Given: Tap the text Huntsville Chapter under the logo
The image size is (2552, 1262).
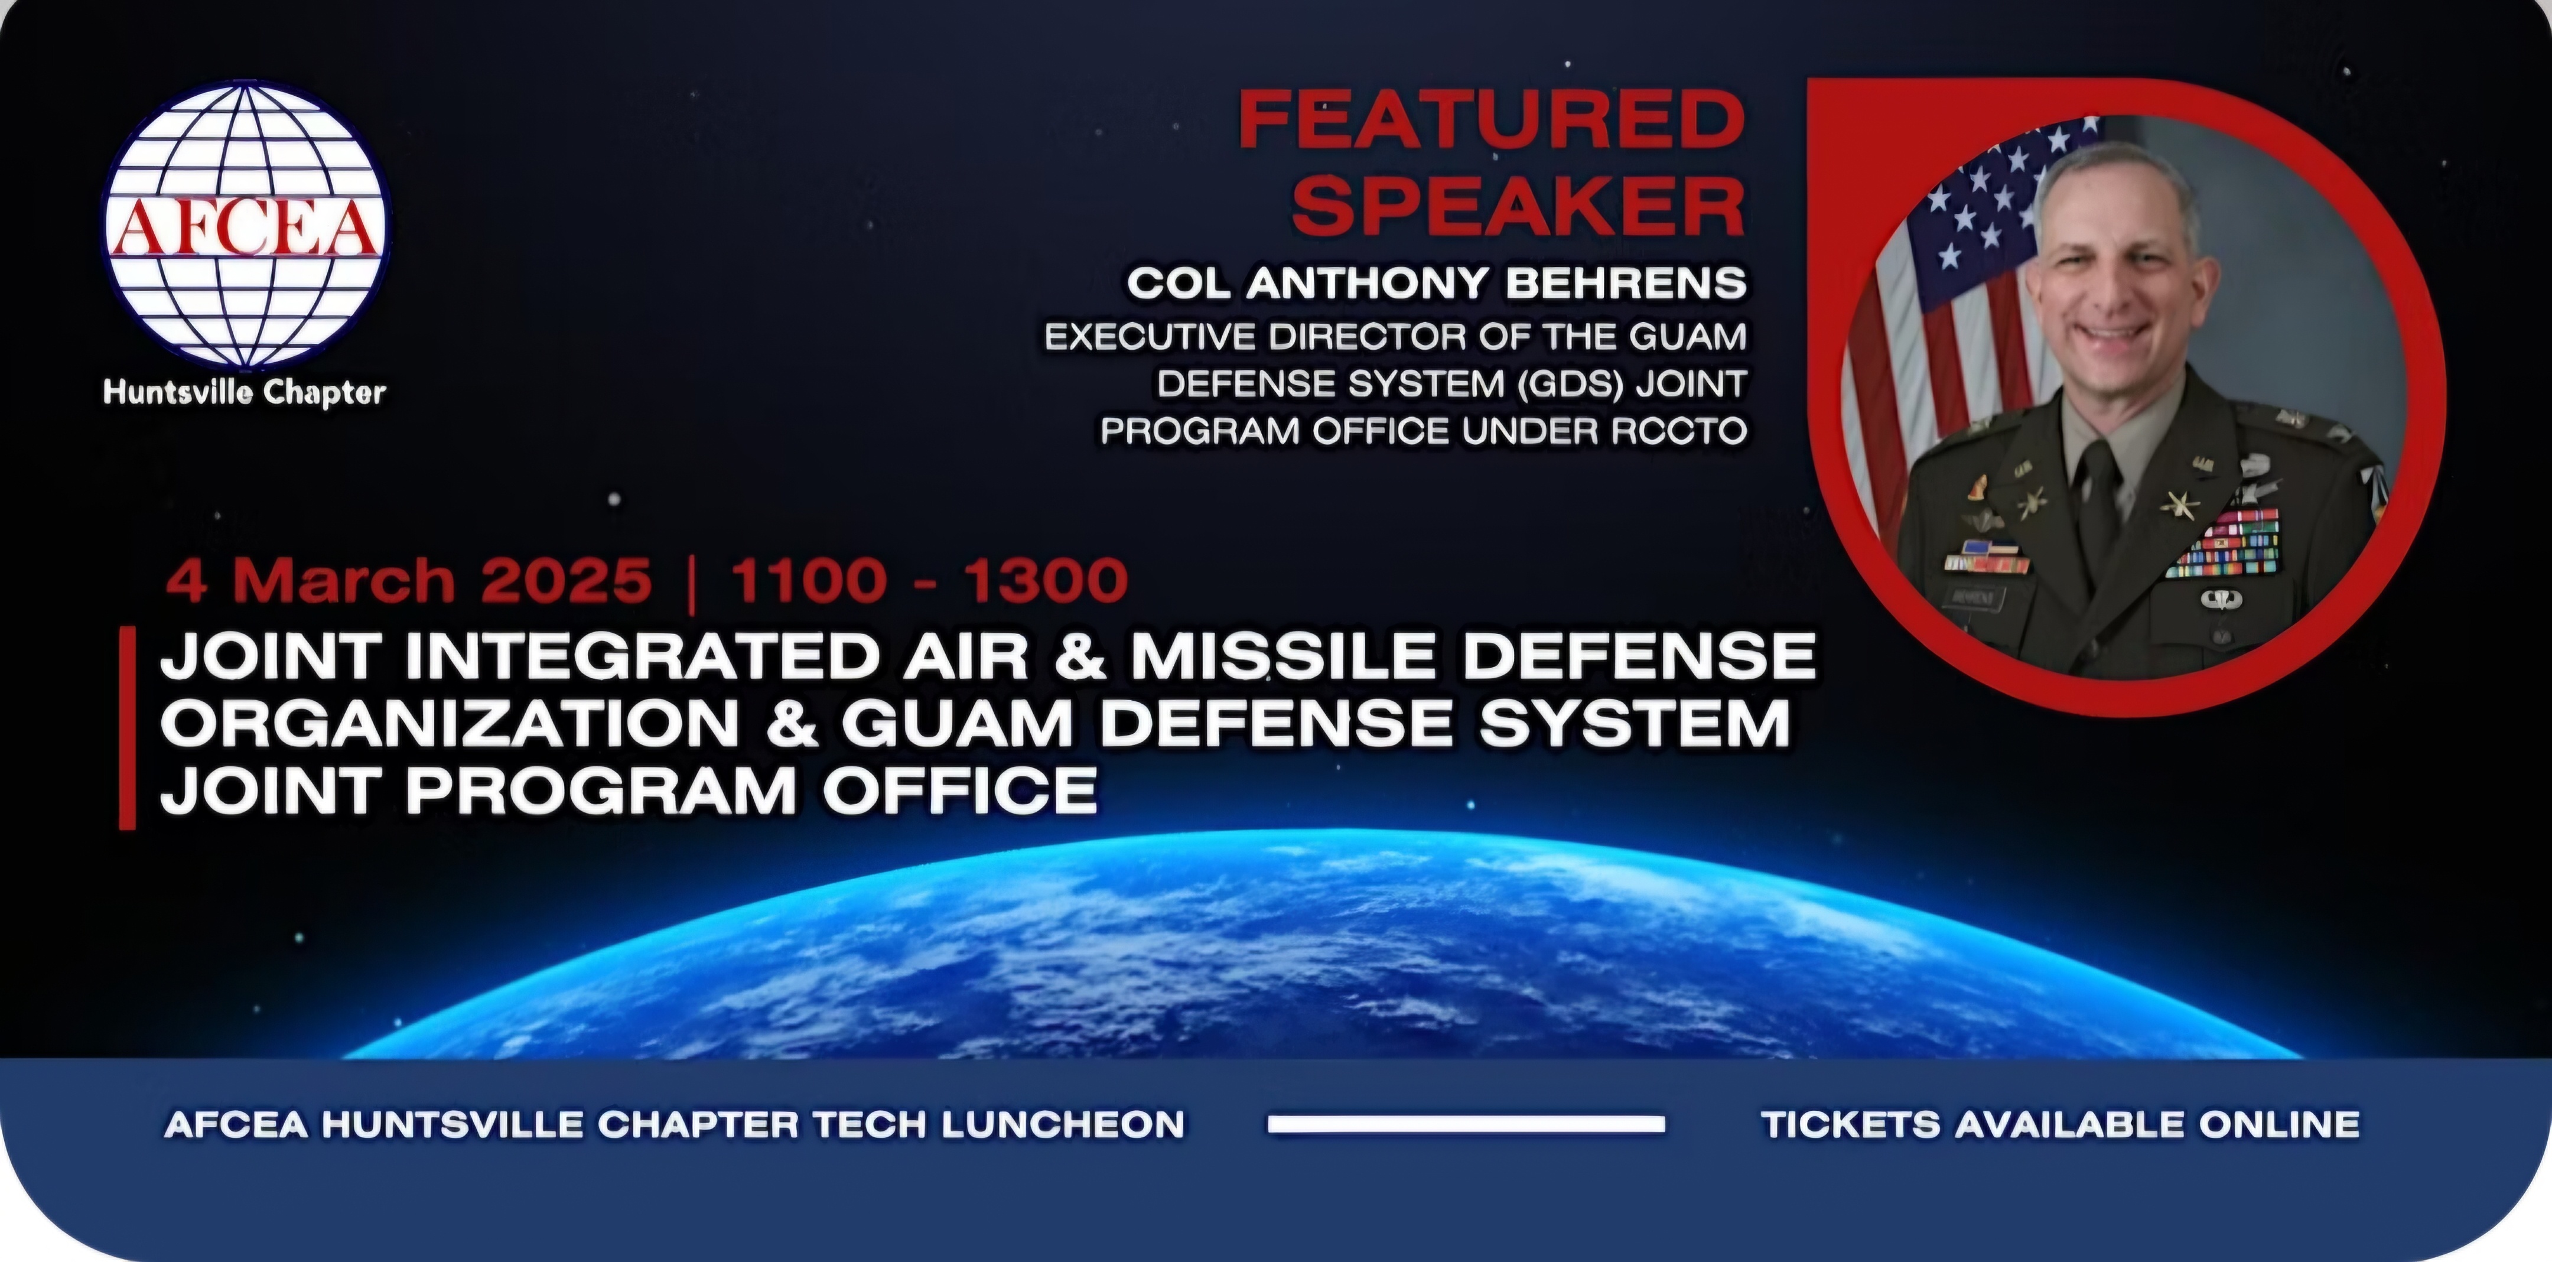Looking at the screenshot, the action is (x=244, y=393).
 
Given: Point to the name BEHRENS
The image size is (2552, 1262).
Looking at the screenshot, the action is (x=1626, y=284).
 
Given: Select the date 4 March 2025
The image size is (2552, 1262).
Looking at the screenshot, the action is (x=408, y=580).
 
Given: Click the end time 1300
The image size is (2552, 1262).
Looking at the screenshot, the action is (x=1046, y=580).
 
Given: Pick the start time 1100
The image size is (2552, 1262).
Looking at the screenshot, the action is (x=808, y=580).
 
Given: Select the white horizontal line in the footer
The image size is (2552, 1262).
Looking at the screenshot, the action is (x=1466, y=1123).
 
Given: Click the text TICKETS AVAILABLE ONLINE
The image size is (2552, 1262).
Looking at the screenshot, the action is (x=2061, y=1124).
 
